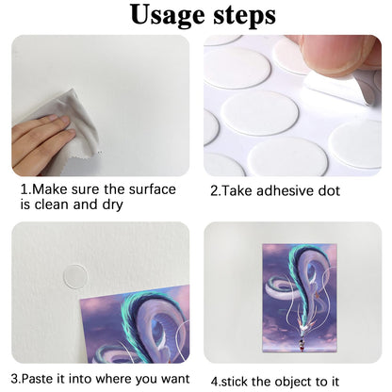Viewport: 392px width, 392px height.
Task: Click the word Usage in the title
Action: tap(168, 16)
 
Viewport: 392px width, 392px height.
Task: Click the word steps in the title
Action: tap(245, 16)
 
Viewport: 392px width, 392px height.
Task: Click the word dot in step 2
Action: tap(329, 191)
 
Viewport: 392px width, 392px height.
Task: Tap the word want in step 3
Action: tap(175, 379)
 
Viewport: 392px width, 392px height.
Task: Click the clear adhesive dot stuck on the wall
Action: tap(75, 275)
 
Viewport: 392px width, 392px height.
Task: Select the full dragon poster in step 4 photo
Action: tap(300, 298)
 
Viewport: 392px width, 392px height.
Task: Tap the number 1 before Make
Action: tap(24, 189)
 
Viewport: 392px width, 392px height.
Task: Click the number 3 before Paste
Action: tap(14, 379)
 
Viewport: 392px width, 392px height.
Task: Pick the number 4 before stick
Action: tap(214, 382)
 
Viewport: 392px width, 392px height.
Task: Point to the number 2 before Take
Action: tap(214, 191)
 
